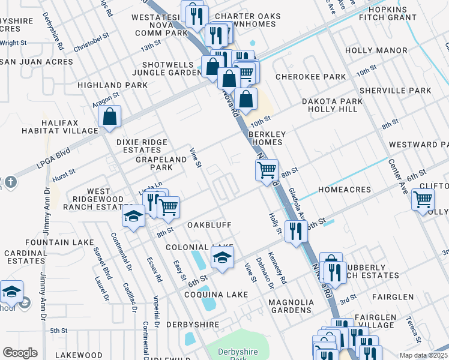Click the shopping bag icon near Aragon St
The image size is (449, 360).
coord(110,117)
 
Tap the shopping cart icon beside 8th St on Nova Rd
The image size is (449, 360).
coord(267,169)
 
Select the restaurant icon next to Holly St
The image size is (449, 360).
coord(295,232)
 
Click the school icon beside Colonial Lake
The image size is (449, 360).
coord(222,258)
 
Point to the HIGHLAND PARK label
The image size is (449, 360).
coord(112,86)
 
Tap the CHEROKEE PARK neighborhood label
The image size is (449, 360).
coord(310,77)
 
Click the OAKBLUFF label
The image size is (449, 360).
coord(209,224)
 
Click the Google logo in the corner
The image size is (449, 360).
coord(20,353)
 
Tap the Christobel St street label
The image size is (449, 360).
coord(91,41)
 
